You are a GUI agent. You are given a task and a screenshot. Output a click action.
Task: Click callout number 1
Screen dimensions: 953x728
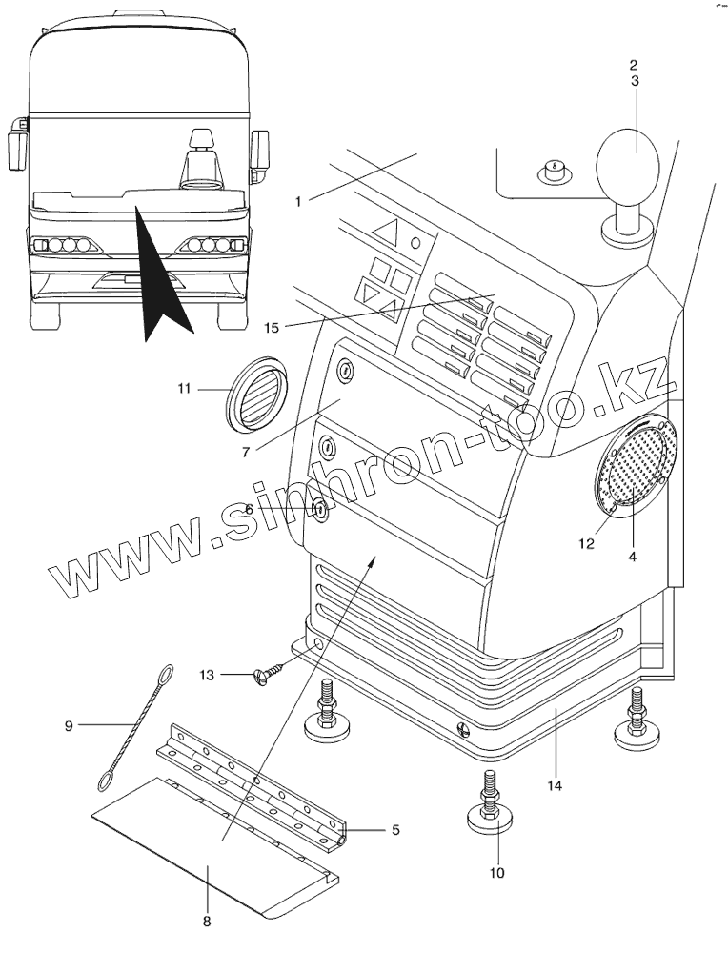[298, 201]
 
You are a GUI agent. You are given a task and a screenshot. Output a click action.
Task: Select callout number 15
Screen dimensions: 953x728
[272, 328]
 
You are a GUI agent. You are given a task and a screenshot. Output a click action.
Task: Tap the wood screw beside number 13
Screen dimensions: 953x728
[265, 676]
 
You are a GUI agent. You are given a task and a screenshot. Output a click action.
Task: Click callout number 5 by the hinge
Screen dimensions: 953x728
[394, 830]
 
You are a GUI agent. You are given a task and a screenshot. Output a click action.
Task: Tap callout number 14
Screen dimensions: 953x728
[555, 786]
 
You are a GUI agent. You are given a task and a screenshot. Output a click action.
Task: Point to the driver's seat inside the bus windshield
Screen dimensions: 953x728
[201, 157]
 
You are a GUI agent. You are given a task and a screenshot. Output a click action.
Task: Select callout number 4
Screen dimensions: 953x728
[633, 555]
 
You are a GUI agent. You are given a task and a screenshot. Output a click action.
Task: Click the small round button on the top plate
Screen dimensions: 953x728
[554, 172]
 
